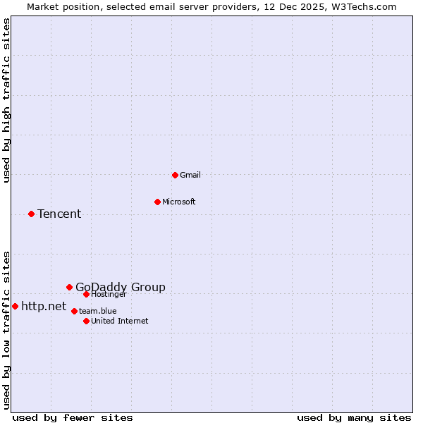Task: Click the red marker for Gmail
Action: click(x=176, y=175)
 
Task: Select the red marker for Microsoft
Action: click(x=158, y=202)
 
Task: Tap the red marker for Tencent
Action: click(x=32, y=214)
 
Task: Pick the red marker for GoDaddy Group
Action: click(x=70, y=287)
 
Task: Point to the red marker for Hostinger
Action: click(x=87, y=294)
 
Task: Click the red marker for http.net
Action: click(x=16, y=306)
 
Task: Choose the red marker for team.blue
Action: click(x=74, y=311)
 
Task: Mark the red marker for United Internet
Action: click(x=87, y=321)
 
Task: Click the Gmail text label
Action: click(x=190, y=175)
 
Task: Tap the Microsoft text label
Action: click(x=179, y=202)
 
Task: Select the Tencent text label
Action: click(x=59, y=214)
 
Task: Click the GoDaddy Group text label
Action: click(x=121, y=287)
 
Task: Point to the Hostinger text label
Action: click(x=109, y=294)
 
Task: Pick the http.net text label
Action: click(x=44, y=306)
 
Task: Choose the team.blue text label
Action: click(x=98, y=311)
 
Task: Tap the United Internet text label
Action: click(x=120, y=321)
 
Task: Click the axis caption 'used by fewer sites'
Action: click(x=73, y=417)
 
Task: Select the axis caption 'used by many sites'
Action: click(x=354, y=417)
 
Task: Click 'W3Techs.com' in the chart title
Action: click(x=364, y=6)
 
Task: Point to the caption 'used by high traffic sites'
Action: click(x=6, y=100)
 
